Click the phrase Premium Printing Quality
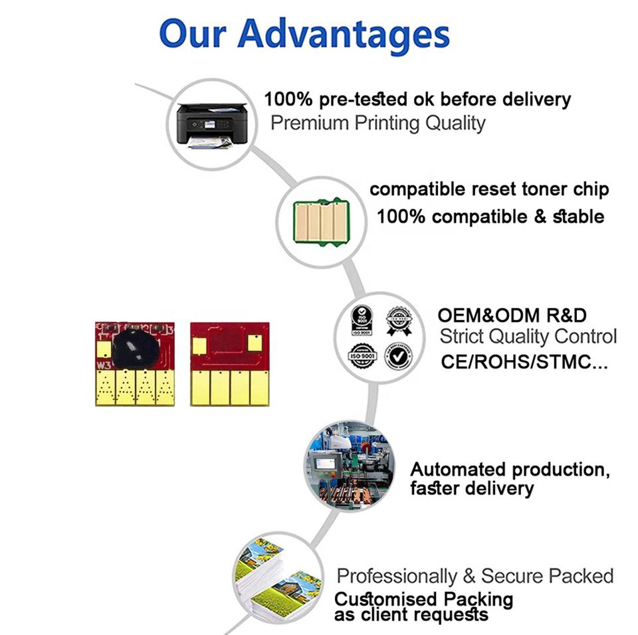tap(377, 123)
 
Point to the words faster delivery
tap(472, 489)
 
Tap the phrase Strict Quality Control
tap(528, 336)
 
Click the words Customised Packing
tap(424, 599)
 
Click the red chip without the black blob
tap(229, 364)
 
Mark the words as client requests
tap(411, 615)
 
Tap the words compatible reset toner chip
tap(489, 189)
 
